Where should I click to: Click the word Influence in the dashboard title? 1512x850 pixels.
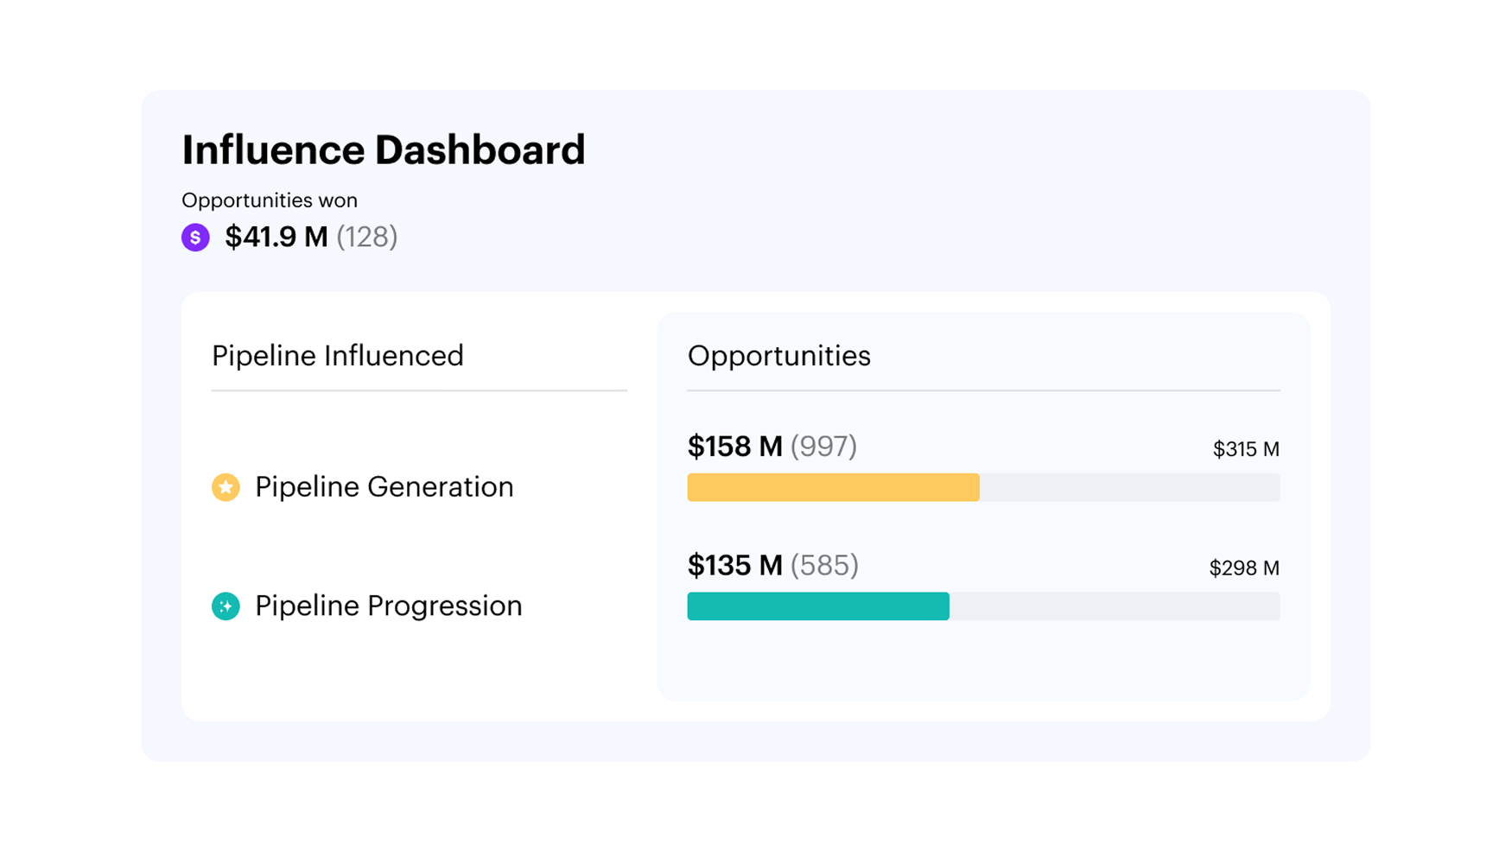pos(273,150)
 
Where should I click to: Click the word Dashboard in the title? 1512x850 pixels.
pos(480,150)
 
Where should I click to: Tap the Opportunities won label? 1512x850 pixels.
pos(270,200)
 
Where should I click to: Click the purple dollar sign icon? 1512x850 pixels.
pos(195,237)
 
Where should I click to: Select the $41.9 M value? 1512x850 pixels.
pos(276,237)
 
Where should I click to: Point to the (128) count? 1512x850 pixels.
pos(367,237)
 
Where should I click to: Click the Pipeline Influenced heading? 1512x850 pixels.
pos(338,356)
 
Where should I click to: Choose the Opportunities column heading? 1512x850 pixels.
pos(778,356)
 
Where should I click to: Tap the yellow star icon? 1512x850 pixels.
pos(226,487)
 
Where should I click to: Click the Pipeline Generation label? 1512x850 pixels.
pos(384,487)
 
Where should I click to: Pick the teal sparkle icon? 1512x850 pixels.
pos(226,606)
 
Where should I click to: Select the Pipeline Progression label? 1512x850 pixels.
pos(389,606)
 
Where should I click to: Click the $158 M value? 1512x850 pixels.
pos(734,447)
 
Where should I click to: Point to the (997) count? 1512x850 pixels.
pos(824,447)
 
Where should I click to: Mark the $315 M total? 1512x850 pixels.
pos(1246,449)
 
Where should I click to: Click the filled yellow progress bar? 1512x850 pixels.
pos(833,487)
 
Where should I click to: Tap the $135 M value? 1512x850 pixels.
pos(734,566)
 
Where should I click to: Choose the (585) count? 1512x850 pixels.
pos(825,566)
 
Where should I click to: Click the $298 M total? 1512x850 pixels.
pos(1244,568)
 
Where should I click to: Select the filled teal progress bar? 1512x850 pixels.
pos(818,606)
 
